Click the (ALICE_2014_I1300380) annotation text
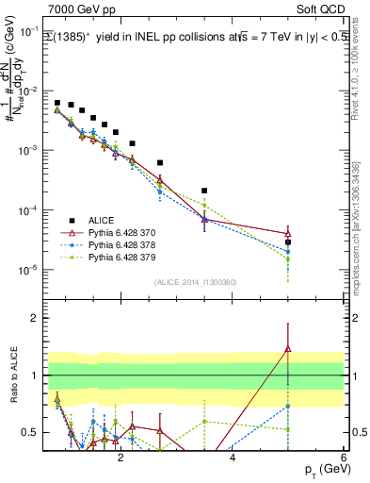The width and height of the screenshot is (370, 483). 194,281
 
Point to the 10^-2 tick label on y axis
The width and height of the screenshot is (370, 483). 30,91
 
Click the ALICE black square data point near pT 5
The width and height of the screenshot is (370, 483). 287,242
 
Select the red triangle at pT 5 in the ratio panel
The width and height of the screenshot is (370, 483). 287,350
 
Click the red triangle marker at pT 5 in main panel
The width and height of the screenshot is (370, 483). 287,233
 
